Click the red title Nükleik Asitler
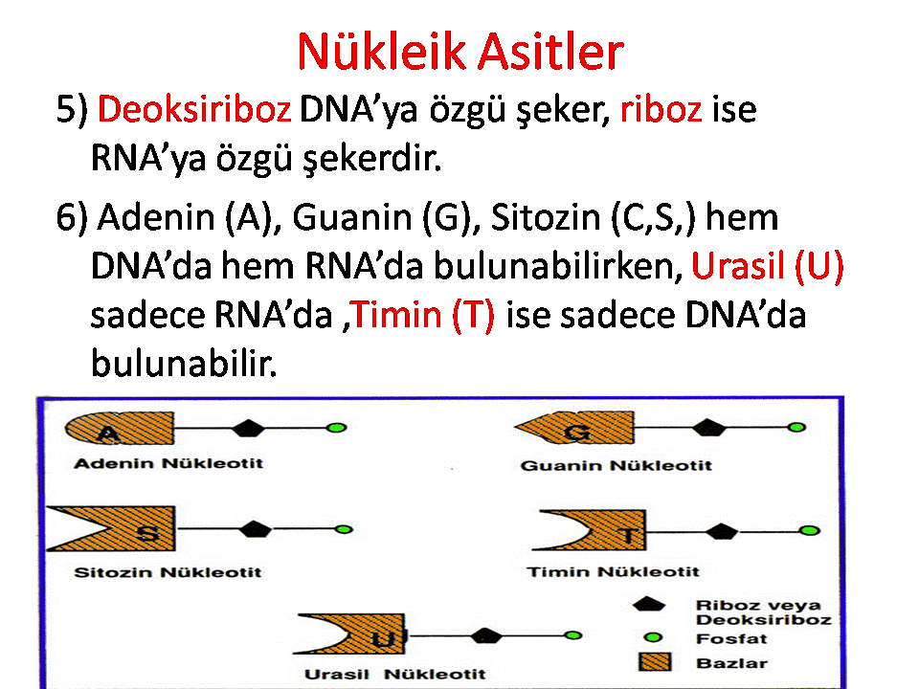click(460, 52)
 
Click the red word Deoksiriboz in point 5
click(194, 109)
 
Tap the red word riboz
click(661, 109)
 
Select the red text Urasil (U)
click(768, 266)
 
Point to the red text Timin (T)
click(423, 315)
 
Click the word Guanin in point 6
click(351, 217)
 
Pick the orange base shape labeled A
click(120, 428)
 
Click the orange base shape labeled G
click(574, 428)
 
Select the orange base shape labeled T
click(604, 530)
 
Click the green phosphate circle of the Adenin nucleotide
click(336, 428)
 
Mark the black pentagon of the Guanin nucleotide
click(709, 428)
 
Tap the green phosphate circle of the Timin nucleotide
click(810, 530)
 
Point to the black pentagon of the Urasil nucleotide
click(486, 635)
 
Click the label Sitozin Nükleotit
click(168, 572)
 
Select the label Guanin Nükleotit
click(616, 466)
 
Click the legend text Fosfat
click(731, 638)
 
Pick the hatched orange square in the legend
click(655, 662)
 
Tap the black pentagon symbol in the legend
click(649, 605)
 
